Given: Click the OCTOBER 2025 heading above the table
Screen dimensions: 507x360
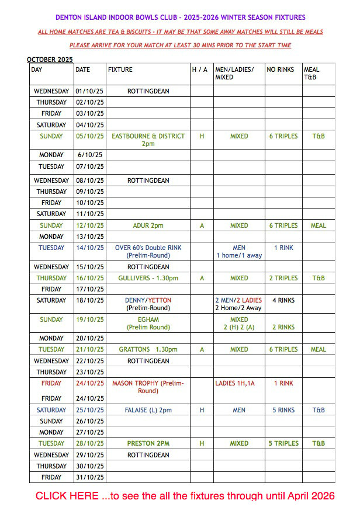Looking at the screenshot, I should click(x=50, y=60).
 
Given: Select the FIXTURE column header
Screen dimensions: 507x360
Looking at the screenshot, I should click(x=120, y=70).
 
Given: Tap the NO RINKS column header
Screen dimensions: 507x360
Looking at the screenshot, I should click(x=281, y=70).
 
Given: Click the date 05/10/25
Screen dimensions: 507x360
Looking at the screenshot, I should click(x=90, y=136).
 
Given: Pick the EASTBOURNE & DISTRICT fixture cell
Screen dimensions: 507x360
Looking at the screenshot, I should click(x=148, y=140).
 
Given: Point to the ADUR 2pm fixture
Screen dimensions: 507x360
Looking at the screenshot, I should click(x=148, y=225).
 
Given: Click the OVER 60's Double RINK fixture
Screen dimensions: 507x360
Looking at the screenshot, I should click(x=148, y=251).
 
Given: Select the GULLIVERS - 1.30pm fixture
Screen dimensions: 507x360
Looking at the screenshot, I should click(x=148, y=278).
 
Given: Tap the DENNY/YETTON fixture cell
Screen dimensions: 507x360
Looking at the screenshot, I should click(x=148, y=304).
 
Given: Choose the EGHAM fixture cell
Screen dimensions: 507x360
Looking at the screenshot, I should click(x=148, y=323).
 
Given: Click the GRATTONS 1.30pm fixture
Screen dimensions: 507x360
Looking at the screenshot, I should click(x=148, y=349).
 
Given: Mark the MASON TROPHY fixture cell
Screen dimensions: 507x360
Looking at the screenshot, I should click(x=148, y=387).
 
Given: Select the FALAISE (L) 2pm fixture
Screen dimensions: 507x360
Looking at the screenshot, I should click(x=148, y=410).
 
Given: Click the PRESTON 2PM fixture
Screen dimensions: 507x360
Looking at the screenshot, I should click(x=148, y=443).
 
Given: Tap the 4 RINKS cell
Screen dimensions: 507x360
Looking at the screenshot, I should click(x=283, y=300).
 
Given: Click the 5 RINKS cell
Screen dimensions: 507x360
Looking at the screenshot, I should click(x=283, y=410).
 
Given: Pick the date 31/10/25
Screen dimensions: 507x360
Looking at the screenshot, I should click(x=90, y=477).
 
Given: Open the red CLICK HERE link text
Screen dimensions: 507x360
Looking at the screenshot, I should click(x=185, y=496).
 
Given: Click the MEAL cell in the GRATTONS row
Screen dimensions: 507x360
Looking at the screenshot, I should click(x=319, y=349).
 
